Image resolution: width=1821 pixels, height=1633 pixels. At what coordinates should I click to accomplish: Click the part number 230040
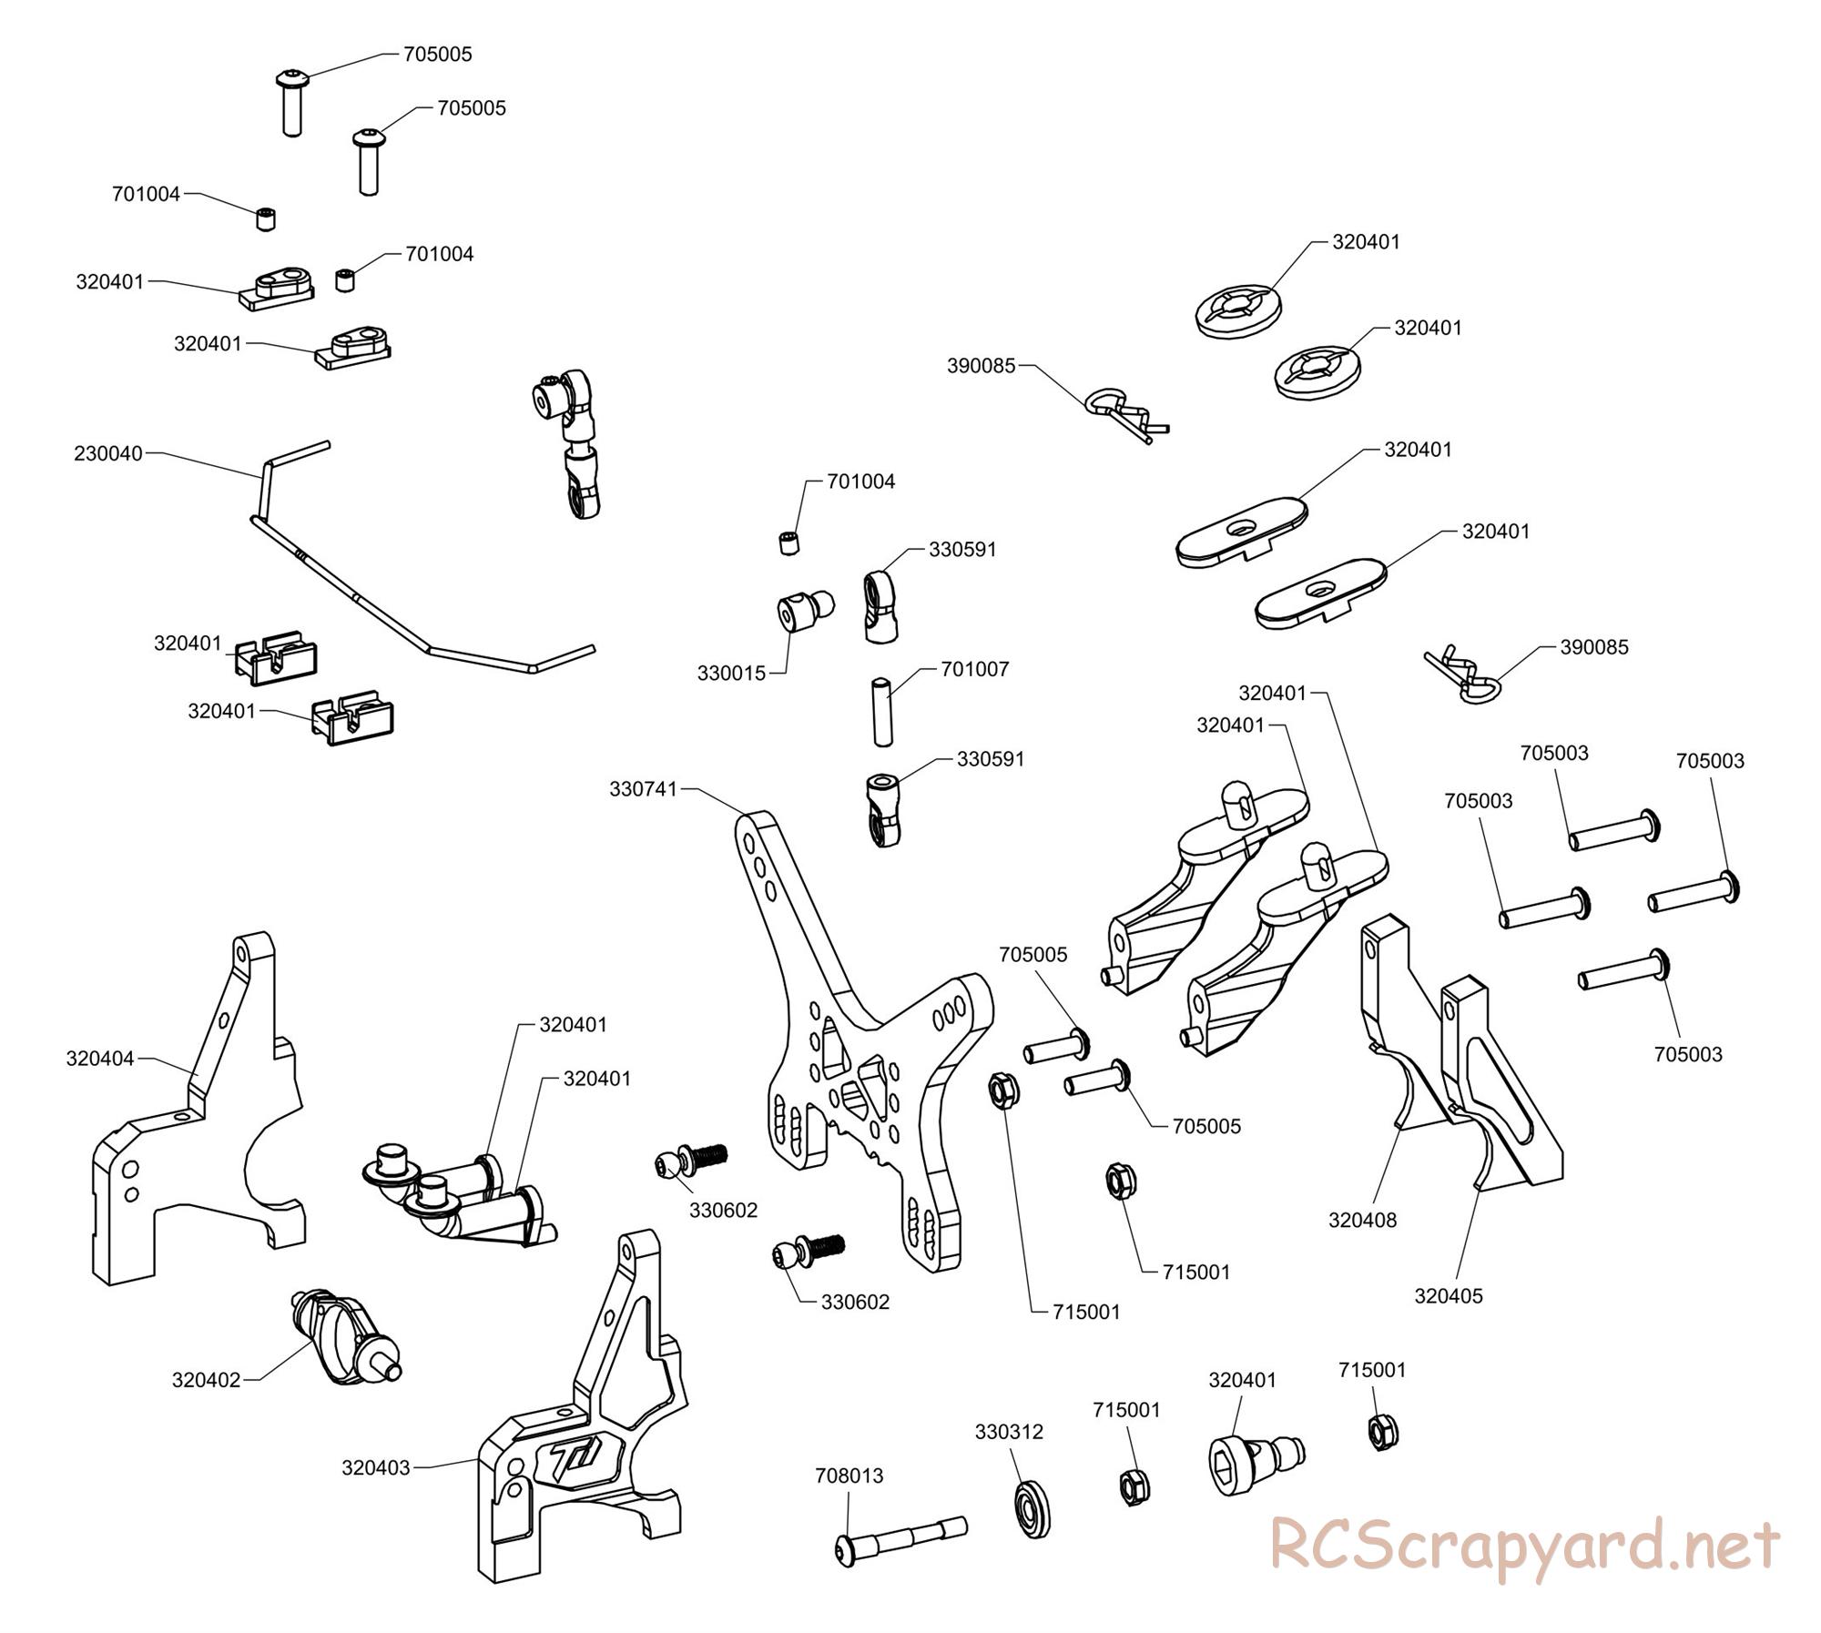[x=108, y=453]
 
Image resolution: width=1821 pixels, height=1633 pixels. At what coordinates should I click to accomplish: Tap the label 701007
[x=975, y=669]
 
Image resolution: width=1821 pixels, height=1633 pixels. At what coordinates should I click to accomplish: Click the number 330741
[x=644, y=789]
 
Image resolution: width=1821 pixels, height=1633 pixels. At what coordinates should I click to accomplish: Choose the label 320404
[x=100, y=1058]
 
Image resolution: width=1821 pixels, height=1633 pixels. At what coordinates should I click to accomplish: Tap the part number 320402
[x=207, y=1380]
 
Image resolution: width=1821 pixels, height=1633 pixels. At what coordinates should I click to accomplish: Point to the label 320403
[x=376, y=1467]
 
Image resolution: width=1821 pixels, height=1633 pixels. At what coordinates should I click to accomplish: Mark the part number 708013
[x=849, y=1476]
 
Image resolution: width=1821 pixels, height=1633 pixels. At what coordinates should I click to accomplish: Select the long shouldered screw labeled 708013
[x=901, y=1537]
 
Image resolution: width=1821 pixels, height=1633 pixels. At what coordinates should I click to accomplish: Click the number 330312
[x=1009, y=1432]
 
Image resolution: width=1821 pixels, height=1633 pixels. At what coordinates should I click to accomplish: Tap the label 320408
[x=1362, y=1220]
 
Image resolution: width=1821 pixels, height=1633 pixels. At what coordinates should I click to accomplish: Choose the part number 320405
[x=1449, y=1295]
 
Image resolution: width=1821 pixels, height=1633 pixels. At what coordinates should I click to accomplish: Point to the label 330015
[x=732, y=674]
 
